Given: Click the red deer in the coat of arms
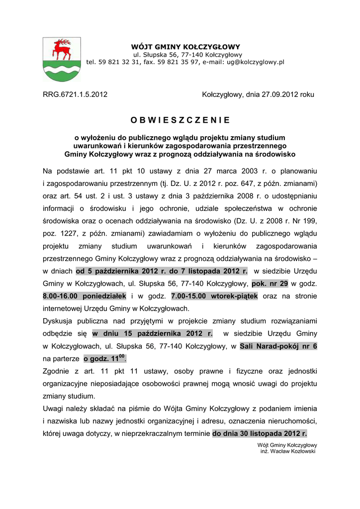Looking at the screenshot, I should pos(62,48).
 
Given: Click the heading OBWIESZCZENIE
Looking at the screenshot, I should pos(180,120).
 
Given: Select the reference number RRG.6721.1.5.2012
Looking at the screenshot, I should pos(75,94).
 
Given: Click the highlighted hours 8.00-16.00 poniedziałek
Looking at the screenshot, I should pos(85,296).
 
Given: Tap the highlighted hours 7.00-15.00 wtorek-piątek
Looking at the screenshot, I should pos(214,296).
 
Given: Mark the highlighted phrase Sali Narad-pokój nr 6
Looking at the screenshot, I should pos(278,346).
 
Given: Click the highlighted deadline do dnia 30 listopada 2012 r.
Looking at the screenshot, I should pos(260,433).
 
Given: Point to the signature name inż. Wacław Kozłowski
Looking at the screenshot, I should pos(288,451).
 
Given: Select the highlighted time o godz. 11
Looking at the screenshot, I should pos(104,358).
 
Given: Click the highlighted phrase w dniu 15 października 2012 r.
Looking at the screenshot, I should pos(152,334).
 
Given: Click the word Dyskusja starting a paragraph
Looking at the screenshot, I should pos(59,321).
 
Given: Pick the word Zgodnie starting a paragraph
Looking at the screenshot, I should pos(57,371).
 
